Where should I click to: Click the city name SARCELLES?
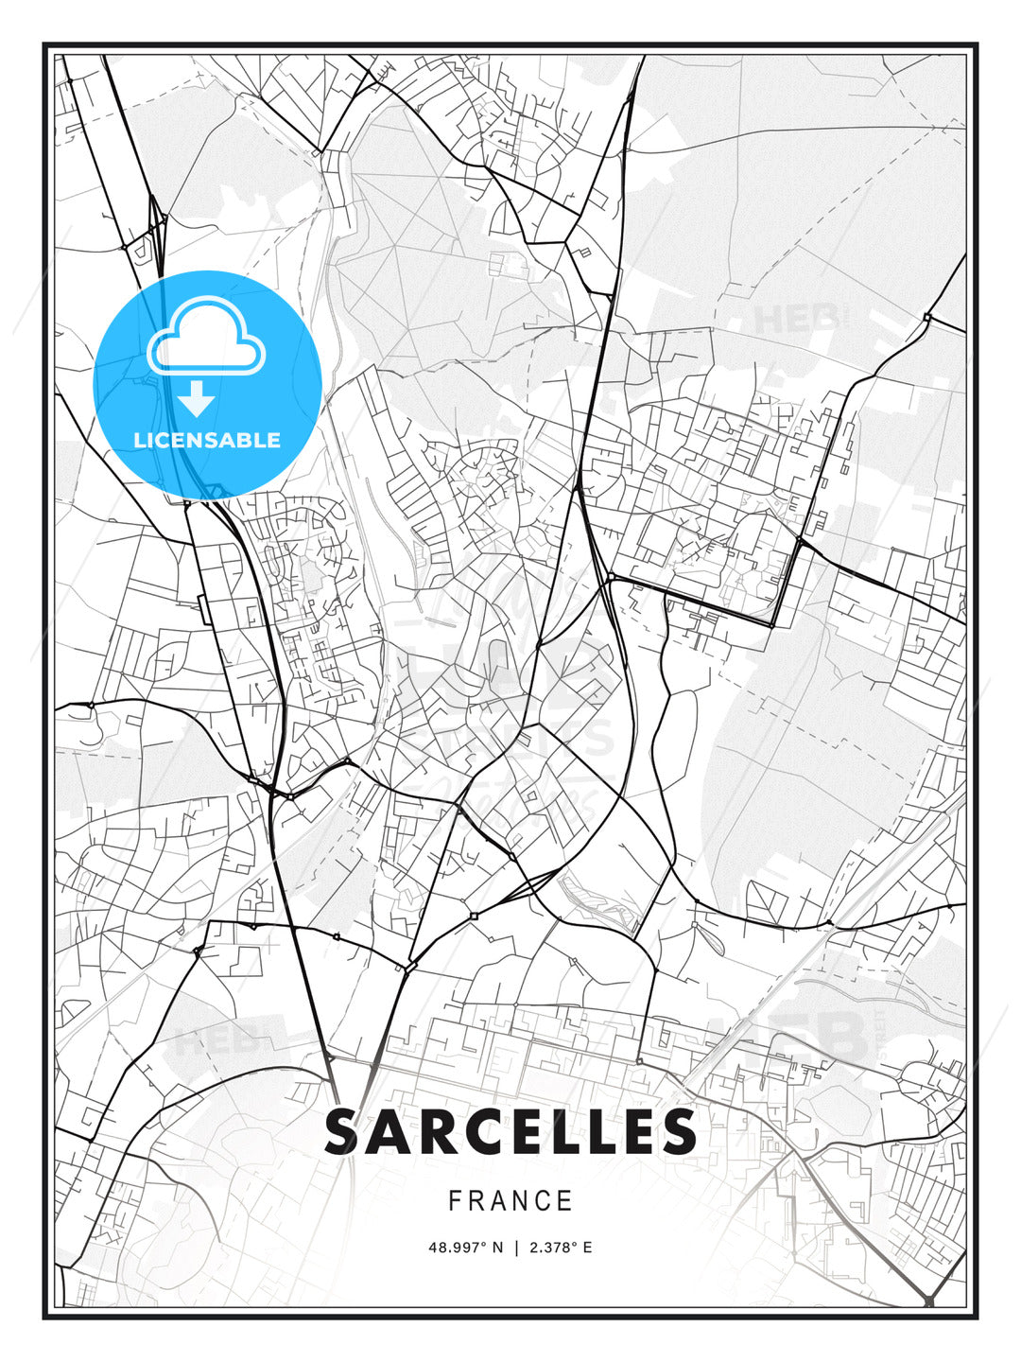(x=510, y=1132)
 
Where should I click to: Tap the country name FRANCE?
(x=510, y=1201)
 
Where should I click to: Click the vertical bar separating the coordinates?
(x=516, y=1248)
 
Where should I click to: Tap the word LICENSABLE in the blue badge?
(x=207, y=440)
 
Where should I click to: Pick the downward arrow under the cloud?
(x=197, y=399)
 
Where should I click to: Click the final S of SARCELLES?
(x=677, y=1132)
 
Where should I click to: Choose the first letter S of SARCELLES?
(x=344, y=1132)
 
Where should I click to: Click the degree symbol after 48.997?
(x=485, y=1244)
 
